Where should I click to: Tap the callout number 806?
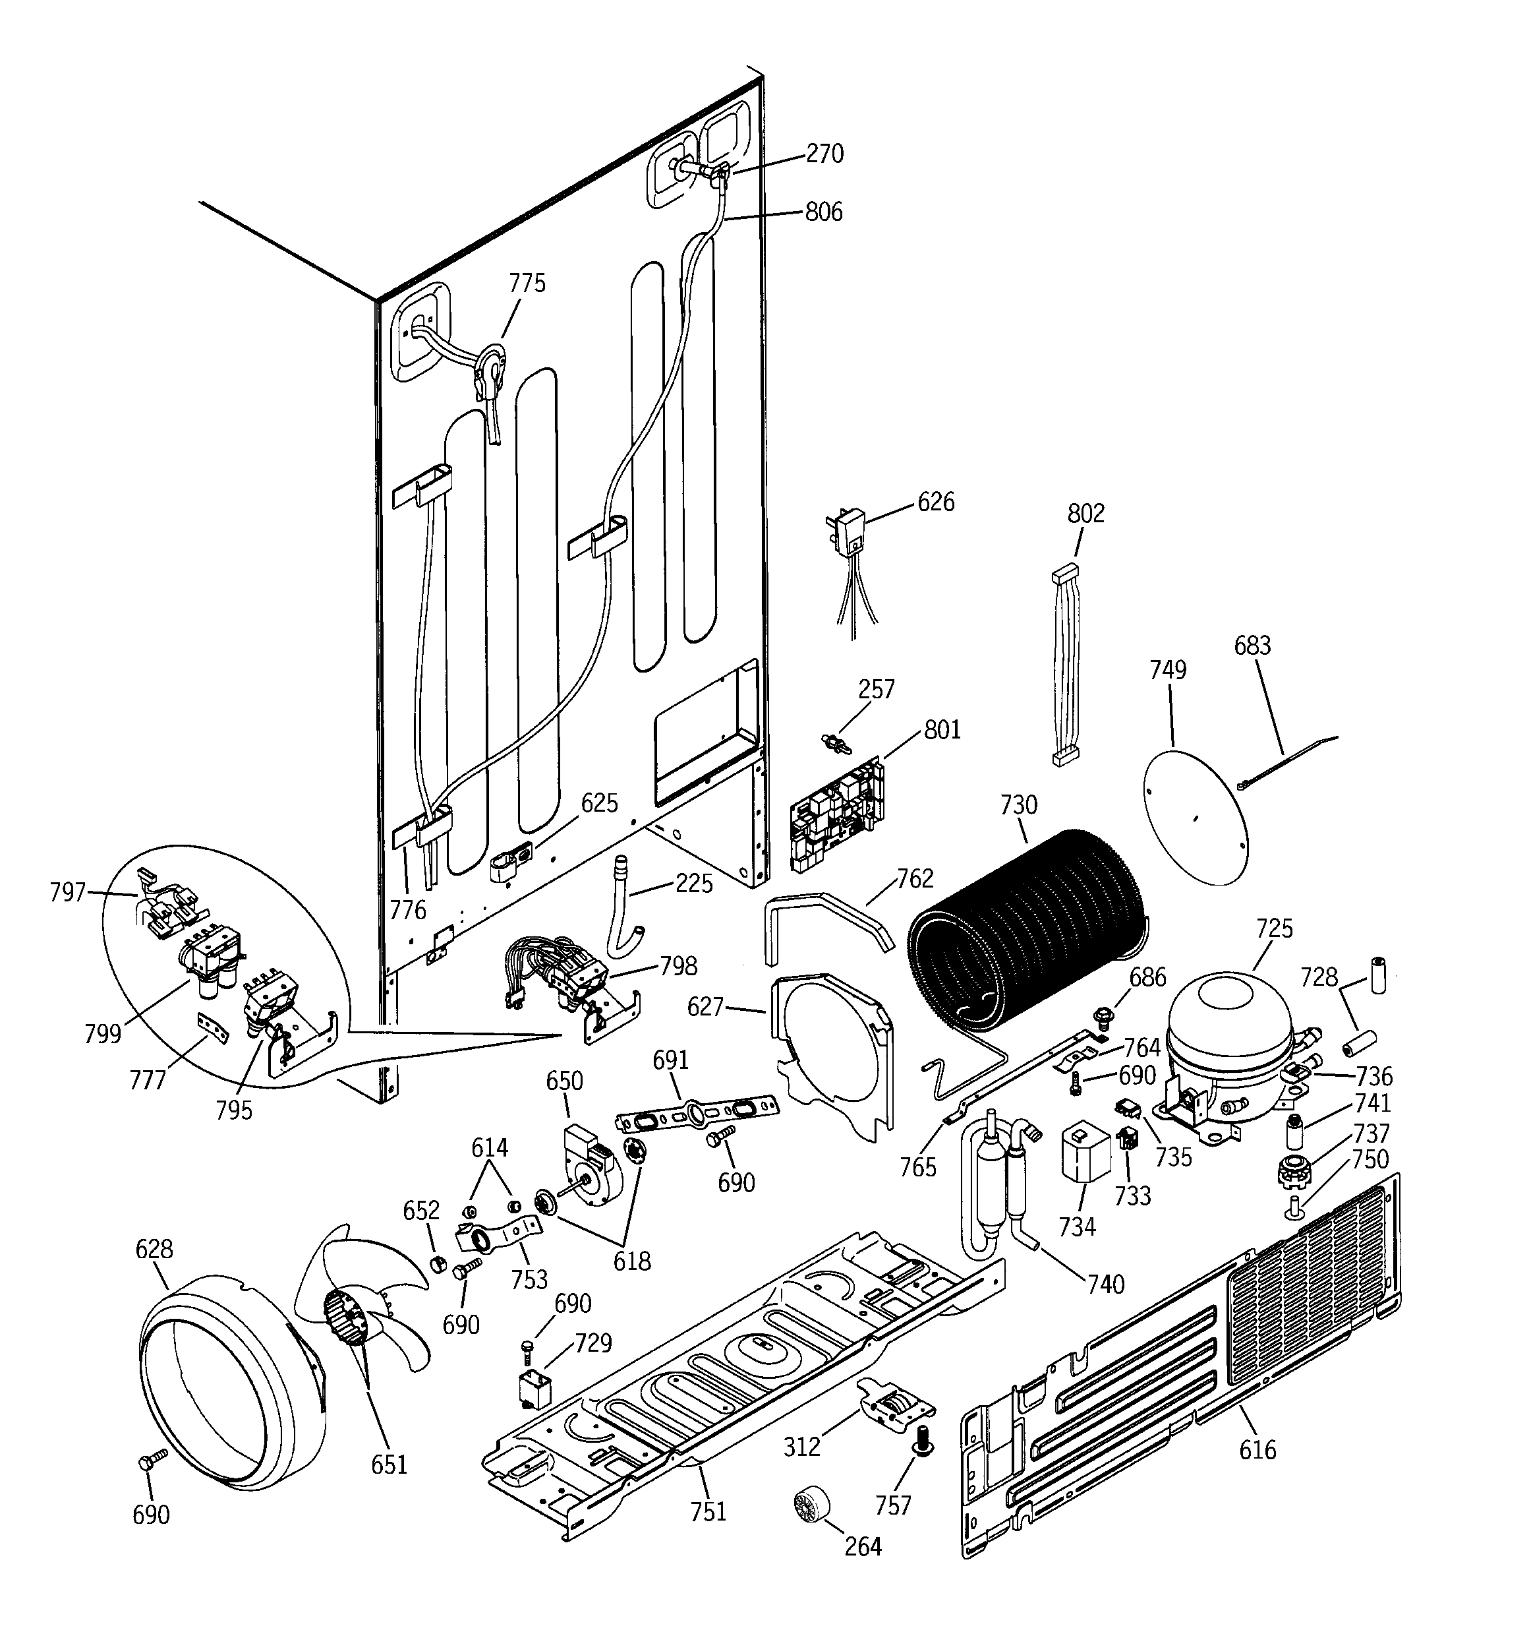point(823,212)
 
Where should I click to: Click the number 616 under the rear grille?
point(1257,1450)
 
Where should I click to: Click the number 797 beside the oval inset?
point(67,892)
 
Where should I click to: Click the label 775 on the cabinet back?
point(527,284)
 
